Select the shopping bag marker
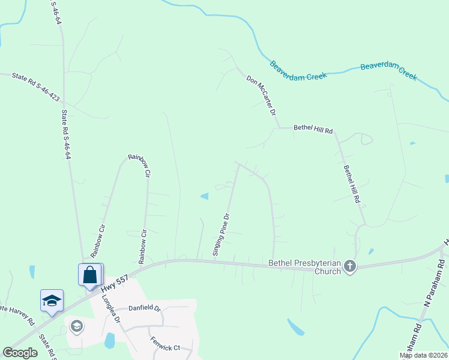90,275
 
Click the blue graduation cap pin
52,300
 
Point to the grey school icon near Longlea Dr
76,326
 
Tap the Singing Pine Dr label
220,234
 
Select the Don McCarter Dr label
261,95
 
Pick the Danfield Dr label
145,308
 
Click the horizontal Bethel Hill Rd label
313,128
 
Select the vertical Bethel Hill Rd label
351,183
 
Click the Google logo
20,353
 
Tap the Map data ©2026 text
423,355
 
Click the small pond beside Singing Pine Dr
205,196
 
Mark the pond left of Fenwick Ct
109,341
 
